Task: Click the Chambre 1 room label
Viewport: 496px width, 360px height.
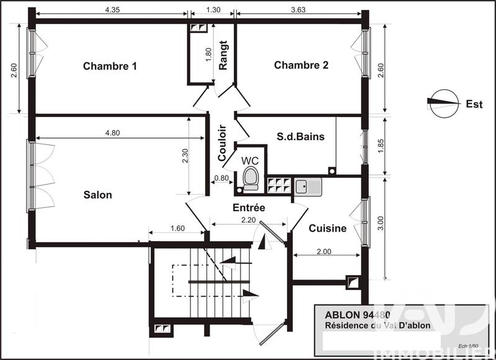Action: (110, 66)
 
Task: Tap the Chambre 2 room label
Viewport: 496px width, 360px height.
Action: (301, 65)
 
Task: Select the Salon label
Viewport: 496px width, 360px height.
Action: (98, 195)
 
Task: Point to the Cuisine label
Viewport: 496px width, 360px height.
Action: (327, 228)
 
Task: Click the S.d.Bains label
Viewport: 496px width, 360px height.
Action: (301, 137)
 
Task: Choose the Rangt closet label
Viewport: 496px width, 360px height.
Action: (223, 55)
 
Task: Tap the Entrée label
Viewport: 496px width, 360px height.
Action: (249, 208)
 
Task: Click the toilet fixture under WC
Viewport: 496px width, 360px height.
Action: (250, 178)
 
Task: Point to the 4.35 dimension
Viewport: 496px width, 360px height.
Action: (113, 10)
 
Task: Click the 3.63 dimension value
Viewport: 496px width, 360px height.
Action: (299, 10)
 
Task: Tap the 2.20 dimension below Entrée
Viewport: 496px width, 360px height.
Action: (249, 219)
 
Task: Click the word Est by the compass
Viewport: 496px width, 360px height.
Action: (474, 104)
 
